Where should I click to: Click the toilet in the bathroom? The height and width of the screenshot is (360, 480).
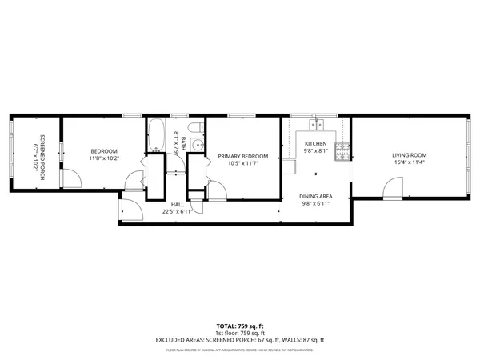tap(194, 128)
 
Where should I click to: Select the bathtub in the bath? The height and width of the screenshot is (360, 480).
tap(155, 134)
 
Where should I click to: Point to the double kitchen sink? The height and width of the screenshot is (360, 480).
tap(316, 124)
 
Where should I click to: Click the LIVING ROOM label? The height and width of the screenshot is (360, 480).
tap(409, 155)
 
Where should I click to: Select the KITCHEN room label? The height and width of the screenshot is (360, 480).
tap(315, 143)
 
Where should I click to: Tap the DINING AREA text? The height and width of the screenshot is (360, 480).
tap(315, 196)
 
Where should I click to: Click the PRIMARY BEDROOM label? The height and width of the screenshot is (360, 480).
tap(243, 156)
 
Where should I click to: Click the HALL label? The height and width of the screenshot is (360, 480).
tap(177, 205)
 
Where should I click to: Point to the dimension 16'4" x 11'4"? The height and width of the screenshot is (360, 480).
tap(409, 162)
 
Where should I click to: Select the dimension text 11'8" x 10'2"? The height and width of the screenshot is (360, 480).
tap(104, 158)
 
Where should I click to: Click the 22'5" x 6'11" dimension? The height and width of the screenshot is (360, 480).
tap(177, 212)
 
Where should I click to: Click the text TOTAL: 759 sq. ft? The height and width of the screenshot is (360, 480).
tap(240, 326)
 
